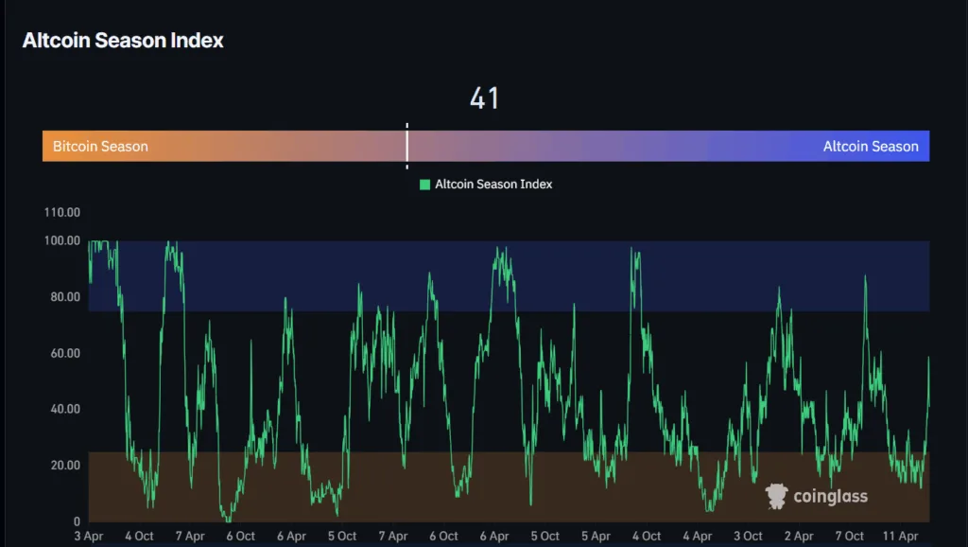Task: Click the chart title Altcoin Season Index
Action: tap(123, 41)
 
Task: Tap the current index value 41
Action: tap(484, 98)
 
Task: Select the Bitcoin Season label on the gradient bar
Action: tap(100, 147)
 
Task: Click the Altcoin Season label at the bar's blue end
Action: tap(870, 147)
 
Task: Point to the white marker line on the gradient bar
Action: tap(406, 146)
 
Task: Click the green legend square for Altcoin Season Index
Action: tap(425, 185)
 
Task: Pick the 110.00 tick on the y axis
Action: tap(62, 212)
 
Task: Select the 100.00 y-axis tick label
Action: tap(62, 240)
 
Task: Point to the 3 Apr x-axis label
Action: tap(89, 537)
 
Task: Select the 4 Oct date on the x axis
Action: tap(139, 537)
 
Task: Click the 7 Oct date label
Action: tap(849, 537)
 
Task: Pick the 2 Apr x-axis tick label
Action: tap(799, 537)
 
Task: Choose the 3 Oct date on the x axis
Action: tap(748, 537)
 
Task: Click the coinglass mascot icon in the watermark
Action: tap(776, 496)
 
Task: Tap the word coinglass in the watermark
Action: tap(830, 497)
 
